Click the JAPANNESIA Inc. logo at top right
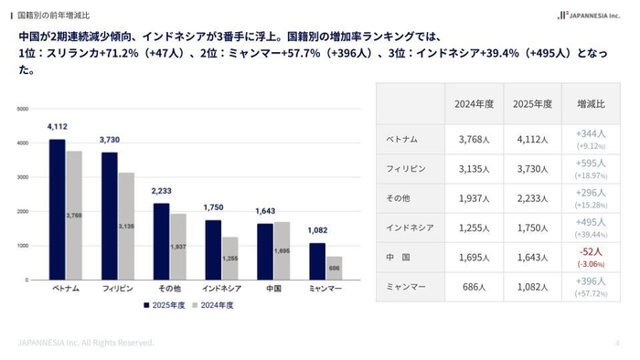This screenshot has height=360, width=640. click(593, 16)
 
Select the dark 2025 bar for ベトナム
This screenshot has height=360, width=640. click(58, 209)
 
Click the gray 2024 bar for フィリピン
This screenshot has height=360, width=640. click(125, 226)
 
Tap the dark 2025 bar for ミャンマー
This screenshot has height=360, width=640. click(317, 261)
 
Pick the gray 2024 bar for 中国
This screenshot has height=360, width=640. click(282, 250)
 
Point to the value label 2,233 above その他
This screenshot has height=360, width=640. click(161, 191)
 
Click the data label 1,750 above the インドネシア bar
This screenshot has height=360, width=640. click(213, 208)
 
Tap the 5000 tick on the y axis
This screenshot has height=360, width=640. click(23, 109)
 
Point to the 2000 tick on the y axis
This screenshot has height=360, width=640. click(23, 211)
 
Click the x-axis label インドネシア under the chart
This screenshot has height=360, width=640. click(221, 288)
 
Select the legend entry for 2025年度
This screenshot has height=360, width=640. click(165, 305)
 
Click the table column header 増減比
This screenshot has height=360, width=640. click(591, 103)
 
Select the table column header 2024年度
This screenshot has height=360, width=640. click(475, 103)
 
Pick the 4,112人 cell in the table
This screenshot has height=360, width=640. click(532, 140)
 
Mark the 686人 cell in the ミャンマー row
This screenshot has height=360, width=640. click(475, 287)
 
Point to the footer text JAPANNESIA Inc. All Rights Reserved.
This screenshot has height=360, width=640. click(86, 342)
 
